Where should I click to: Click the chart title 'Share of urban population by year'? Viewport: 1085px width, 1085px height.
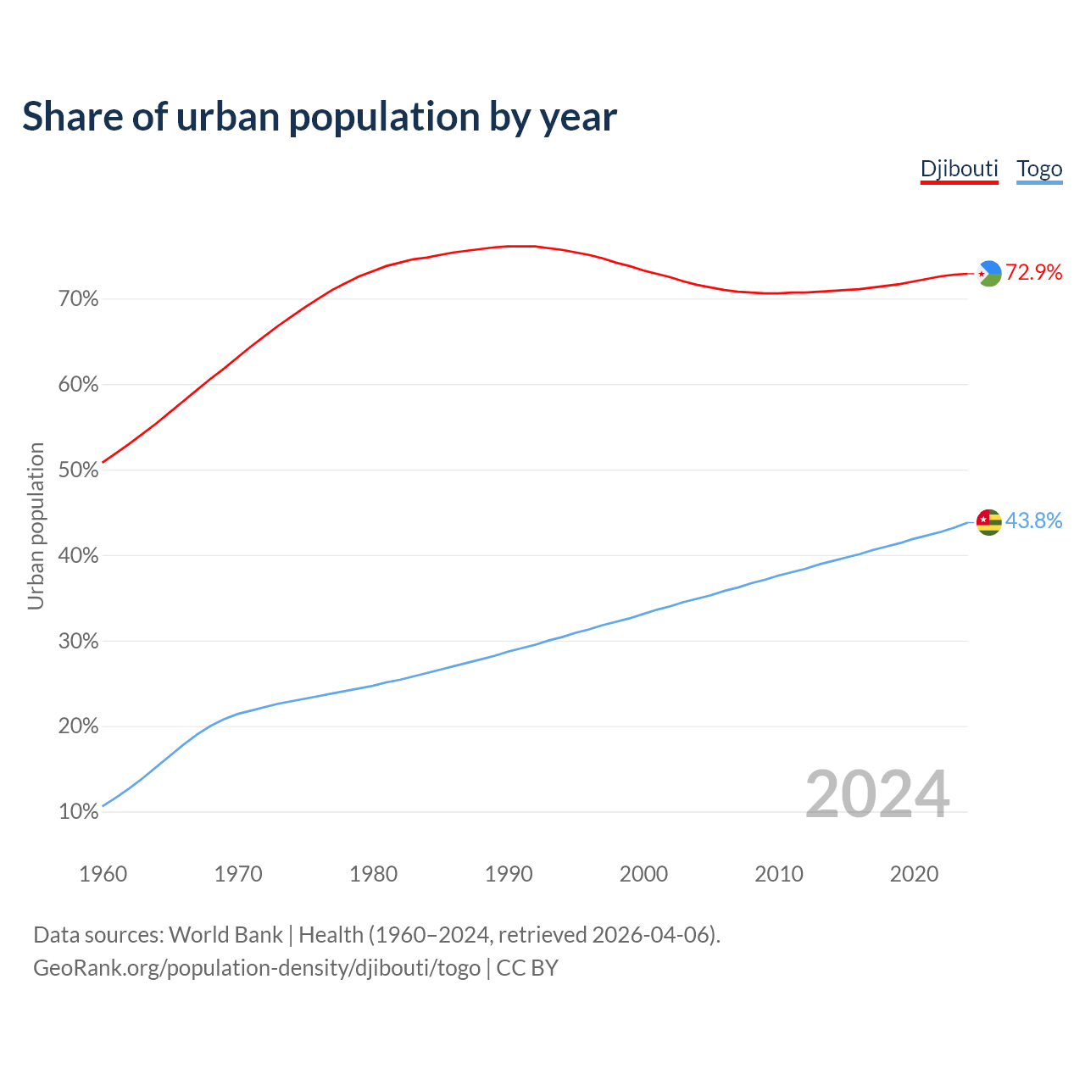pyautogui.click(x=320, y=117)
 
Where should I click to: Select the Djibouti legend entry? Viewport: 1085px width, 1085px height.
pyautogui.click(x=959, y=169)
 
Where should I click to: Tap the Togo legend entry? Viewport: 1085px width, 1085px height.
pyautogui.click(x=1039, y=169)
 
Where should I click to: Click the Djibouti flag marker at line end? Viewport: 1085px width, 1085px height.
pyautogui.click(x=989, y=273)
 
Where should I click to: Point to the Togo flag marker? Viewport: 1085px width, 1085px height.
pyautogui.click(x=989, y=521)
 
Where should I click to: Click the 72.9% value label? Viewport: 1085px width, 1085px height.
pyautogui.click(x=1034, y=272)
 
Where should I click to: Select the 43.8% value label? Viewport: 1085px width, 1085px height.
pyautogui.click(x=1034, y=520)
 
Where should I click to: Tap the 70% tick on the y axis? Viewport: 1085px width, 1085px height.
pyautogui.click(x=79, y=299)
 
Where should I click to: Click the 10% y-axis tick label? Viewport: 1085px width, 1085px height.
pyautogui.click(x=79, y=812)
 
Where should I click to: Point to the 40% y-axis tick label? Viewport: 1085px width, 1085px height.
pyautogui.click(x=79, y=556)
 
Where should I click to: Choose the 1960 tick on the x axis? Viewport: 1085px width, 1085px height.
pyautogui.click(x=103, y=874)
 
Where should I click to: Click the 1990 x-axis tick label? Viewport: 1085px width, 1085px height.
pyautogui.click(x=509, y=874)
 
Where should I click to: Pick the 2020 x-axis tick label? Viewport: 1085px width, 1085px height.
pyautogui.click(x=914, y=874)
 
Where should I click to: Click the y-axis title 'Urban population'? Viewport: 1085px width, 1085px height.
pyautogui.click(x=36, y=526)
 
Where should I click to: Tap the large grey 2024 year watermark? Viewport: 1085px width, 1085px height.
pyautogui.click(x=877, y=794)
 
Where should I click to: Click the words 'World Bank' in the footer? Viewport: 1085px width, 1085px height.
pyautogui.click(x=225, y=935)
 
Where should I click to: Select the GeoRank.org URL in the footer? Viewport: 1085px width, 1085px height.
pyautogui.click(x=257, y=968)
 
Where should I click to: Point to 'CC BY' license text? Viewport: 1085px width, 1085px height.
pyautogui.click(x=527, y=968)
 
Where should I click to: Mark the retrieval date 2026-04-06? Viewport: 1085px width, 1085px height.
pyautogui.click(x=654, y=935)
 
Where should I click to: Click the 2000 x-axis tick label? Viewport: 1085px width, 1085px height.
pyautogui.click(x=643, y=874)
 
